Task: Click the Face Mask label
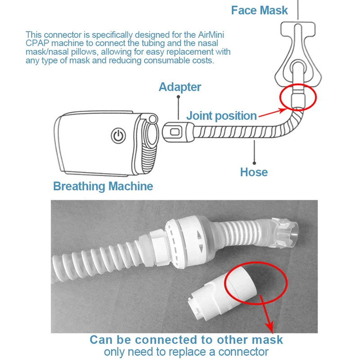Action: pos(259,10)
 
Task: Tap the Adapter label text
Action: pos(180,87)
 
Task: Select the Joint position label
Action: pos(221,116)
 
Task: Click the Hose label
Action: pos(254,172)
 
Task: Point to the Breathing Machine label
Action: pos(103,186)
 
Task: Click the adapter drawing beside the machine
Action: pos(175,132)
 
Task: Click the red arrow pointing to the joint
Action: pos(269,113)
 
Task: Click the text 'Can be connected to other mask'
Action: pos(186,339)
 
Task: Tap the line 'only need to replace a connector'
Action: pos(186,351)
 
